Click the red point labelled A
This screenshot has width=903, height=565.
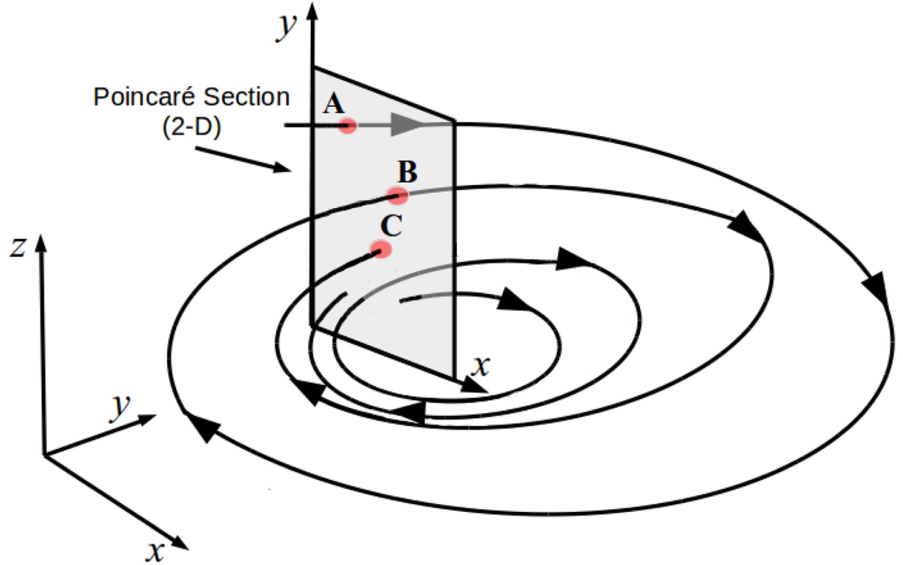348,126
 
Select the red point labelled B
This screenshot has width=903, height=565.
397,195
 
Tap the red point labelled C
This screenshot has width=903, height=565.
381,250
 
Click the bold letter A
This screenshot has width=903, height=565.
333,104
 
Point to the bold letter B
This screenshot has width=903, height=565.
407,172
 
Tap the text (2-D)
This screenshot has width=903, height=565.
191,127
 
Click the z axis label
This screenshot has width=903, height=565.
18,247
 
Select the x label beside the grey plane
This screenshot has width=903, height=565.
480,366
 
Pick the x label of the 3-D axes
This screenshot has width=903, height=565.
155,551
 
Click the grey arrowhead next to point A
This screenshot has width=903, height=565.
406,125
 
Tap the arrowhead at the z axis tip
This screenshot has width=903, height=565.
41,242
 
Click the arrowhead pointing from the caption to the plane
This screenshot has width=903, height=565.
282,168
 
